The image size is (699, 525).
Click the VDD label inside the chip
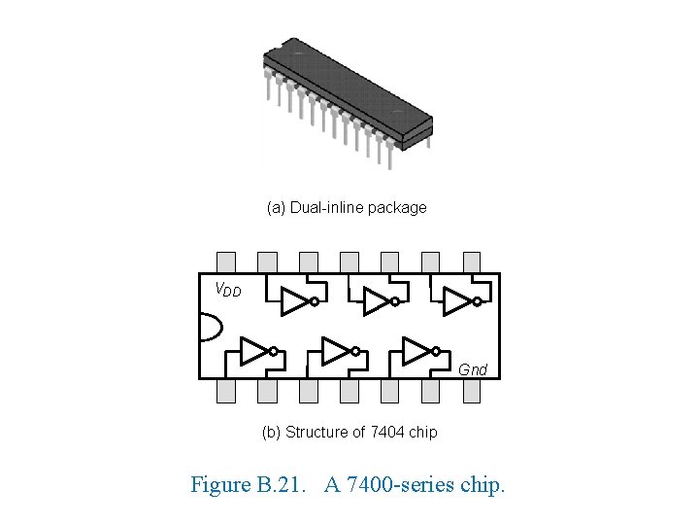point(228,289)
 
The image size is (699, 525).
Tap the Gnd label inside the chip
point(473,369)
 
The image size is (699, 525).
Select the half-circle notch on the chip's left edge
point(207,326)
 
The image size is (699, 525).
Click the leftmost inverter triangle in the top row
point(294,302)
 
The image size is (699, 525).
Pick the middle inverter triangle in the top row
point(375,302)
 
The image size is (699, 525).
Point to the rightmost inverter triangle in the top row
point(455,302)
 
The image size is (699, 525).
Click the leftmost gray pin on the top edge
point(226,262)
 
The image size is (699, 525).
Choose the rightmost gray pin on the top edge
point(472,262)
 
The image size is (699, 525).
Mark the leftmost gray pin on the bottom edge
point(226,390)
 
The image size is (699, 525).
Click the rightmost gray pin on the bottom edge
point(472,390)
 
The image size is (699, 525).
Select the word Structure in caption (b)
point(317,432)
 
